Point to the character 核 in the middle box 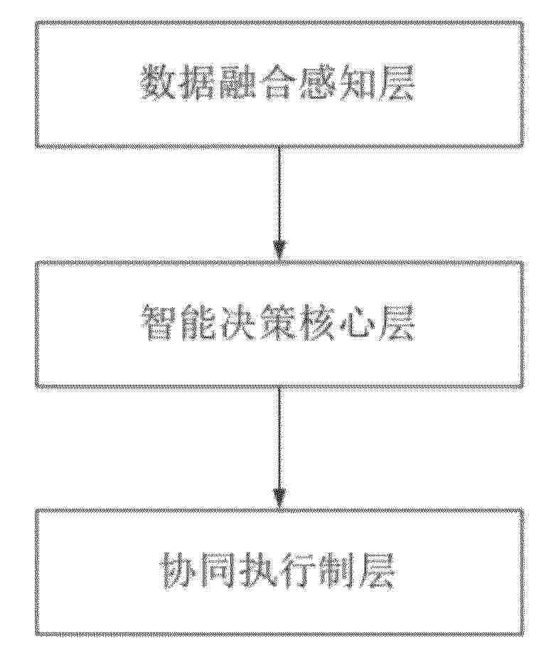[x=317, y=324]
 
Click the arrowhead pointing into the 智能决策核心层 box [x=279, y=250]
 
